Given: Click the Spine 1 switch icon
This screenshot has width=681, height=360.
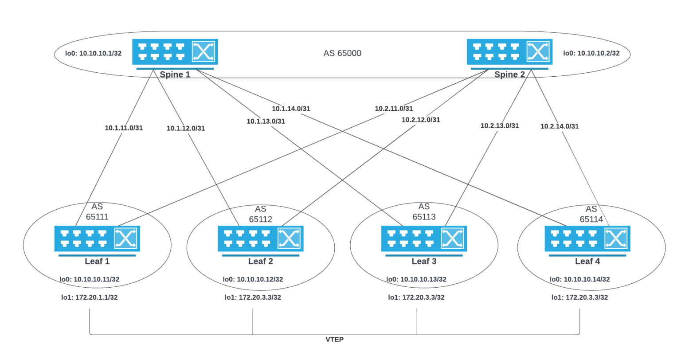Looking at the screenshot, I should pyautogui.click(x=173, y=52).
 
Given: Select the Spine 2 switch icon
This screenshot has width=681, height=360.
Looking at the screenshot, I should pyautogui.click(x=508, y=52).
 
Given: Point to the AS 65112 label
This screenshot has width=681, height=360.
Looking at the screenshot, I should pyautogui.click(x=260, y=214).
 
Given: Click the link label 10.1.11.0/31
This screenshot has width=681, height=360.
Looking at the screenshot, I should pyautogui.click(x=124, y=128).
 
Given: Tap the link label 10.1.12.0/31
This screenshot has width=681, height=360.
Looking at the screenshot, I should pyautogui.click(x=186, y=129).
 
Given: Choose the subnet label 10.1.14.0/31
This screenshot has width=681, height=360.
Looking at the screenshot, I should pyautogui.click(x=291, y=109).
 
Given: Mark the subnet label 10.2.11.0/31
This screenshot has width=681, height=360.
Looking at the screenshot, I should pyautogui.click(x=394, y=108).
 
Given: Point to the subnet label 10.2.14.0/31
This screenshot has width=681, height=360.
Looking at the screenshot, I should pyautogui.click(x=560, y=126).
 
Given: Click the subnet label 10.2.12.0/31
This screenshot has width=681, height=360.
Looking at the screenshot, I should pyautogui.click(x=421, y=120).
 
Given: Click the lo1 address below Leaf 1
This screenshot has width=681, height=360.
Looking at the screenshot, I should pyautogui.click(x=90, y=297).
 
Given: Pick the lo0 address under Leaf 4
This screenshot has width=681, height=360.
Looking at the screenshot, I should pyautogui.click(x=580, y=279).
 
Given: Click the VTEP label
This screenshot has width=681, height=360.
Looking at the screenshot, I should pyautogui.click(x=335, y=340).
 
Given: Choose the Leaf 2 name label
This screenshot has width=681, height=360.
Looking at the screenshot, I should pyautogui.click(x=261, y=262).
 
